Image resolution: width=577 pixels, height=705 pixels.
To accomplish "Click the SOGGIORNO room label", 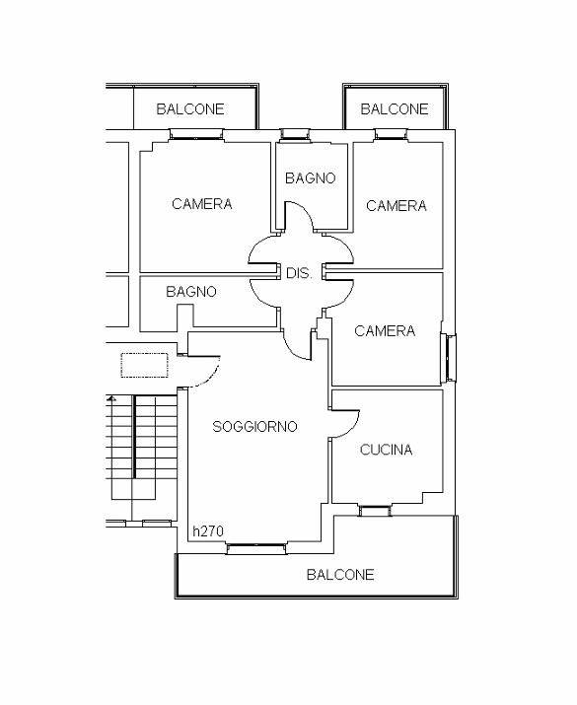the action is pos(254,426).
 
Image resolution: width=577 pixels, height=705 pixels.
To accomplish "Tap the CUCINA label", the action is pos(386,450).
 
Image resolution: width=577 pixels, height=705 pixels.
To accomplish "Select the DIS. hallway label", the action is pos(299,273).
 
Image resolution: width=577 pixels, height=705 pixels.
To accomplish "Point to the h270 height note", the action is pos(208,531).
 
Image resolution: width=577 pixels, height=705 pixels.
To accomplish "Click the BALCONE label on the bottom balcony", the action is pos(340,575).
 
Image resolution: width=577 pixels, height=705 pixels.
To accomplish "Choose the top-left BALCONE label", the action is pos(190,108).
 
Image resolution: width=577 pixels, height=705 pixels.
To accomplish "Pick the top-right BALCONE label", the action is pos(395,108).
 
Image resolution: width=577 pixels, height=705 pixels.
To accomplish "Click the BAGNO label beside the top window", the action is pos(311,178).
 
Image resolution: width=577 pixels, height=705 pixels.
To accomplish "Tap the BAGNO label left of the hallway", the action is pos(191,291).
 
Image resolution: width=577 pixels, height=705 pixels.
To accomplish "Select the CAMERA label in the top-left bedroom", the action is pos(202,204).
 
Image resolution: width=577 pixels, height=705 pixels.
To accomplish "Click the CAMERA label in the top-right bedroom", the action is pos(397,206).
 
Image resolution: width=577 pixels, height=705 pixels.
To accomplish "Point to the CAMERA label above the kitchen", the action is pos(385,331).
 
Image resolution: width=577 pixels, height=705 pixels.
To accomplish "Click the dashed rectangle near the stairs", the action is pos(144,365).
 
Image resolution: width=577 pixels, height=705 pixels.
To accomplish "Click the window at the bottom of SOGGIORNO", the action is pos(256,548).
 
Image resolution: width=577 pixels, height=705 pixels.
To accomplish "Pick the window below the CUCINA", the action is pos(375,511).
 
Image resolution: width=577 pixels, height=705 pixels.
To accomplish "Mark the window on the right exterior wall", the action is pos(449,358).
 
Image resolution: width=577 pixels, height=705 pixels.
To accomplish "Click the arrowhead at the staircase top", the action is pos(111,398).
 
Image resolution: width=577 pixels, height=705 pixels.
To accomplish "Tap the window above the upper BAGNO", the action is pos(295,134).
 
